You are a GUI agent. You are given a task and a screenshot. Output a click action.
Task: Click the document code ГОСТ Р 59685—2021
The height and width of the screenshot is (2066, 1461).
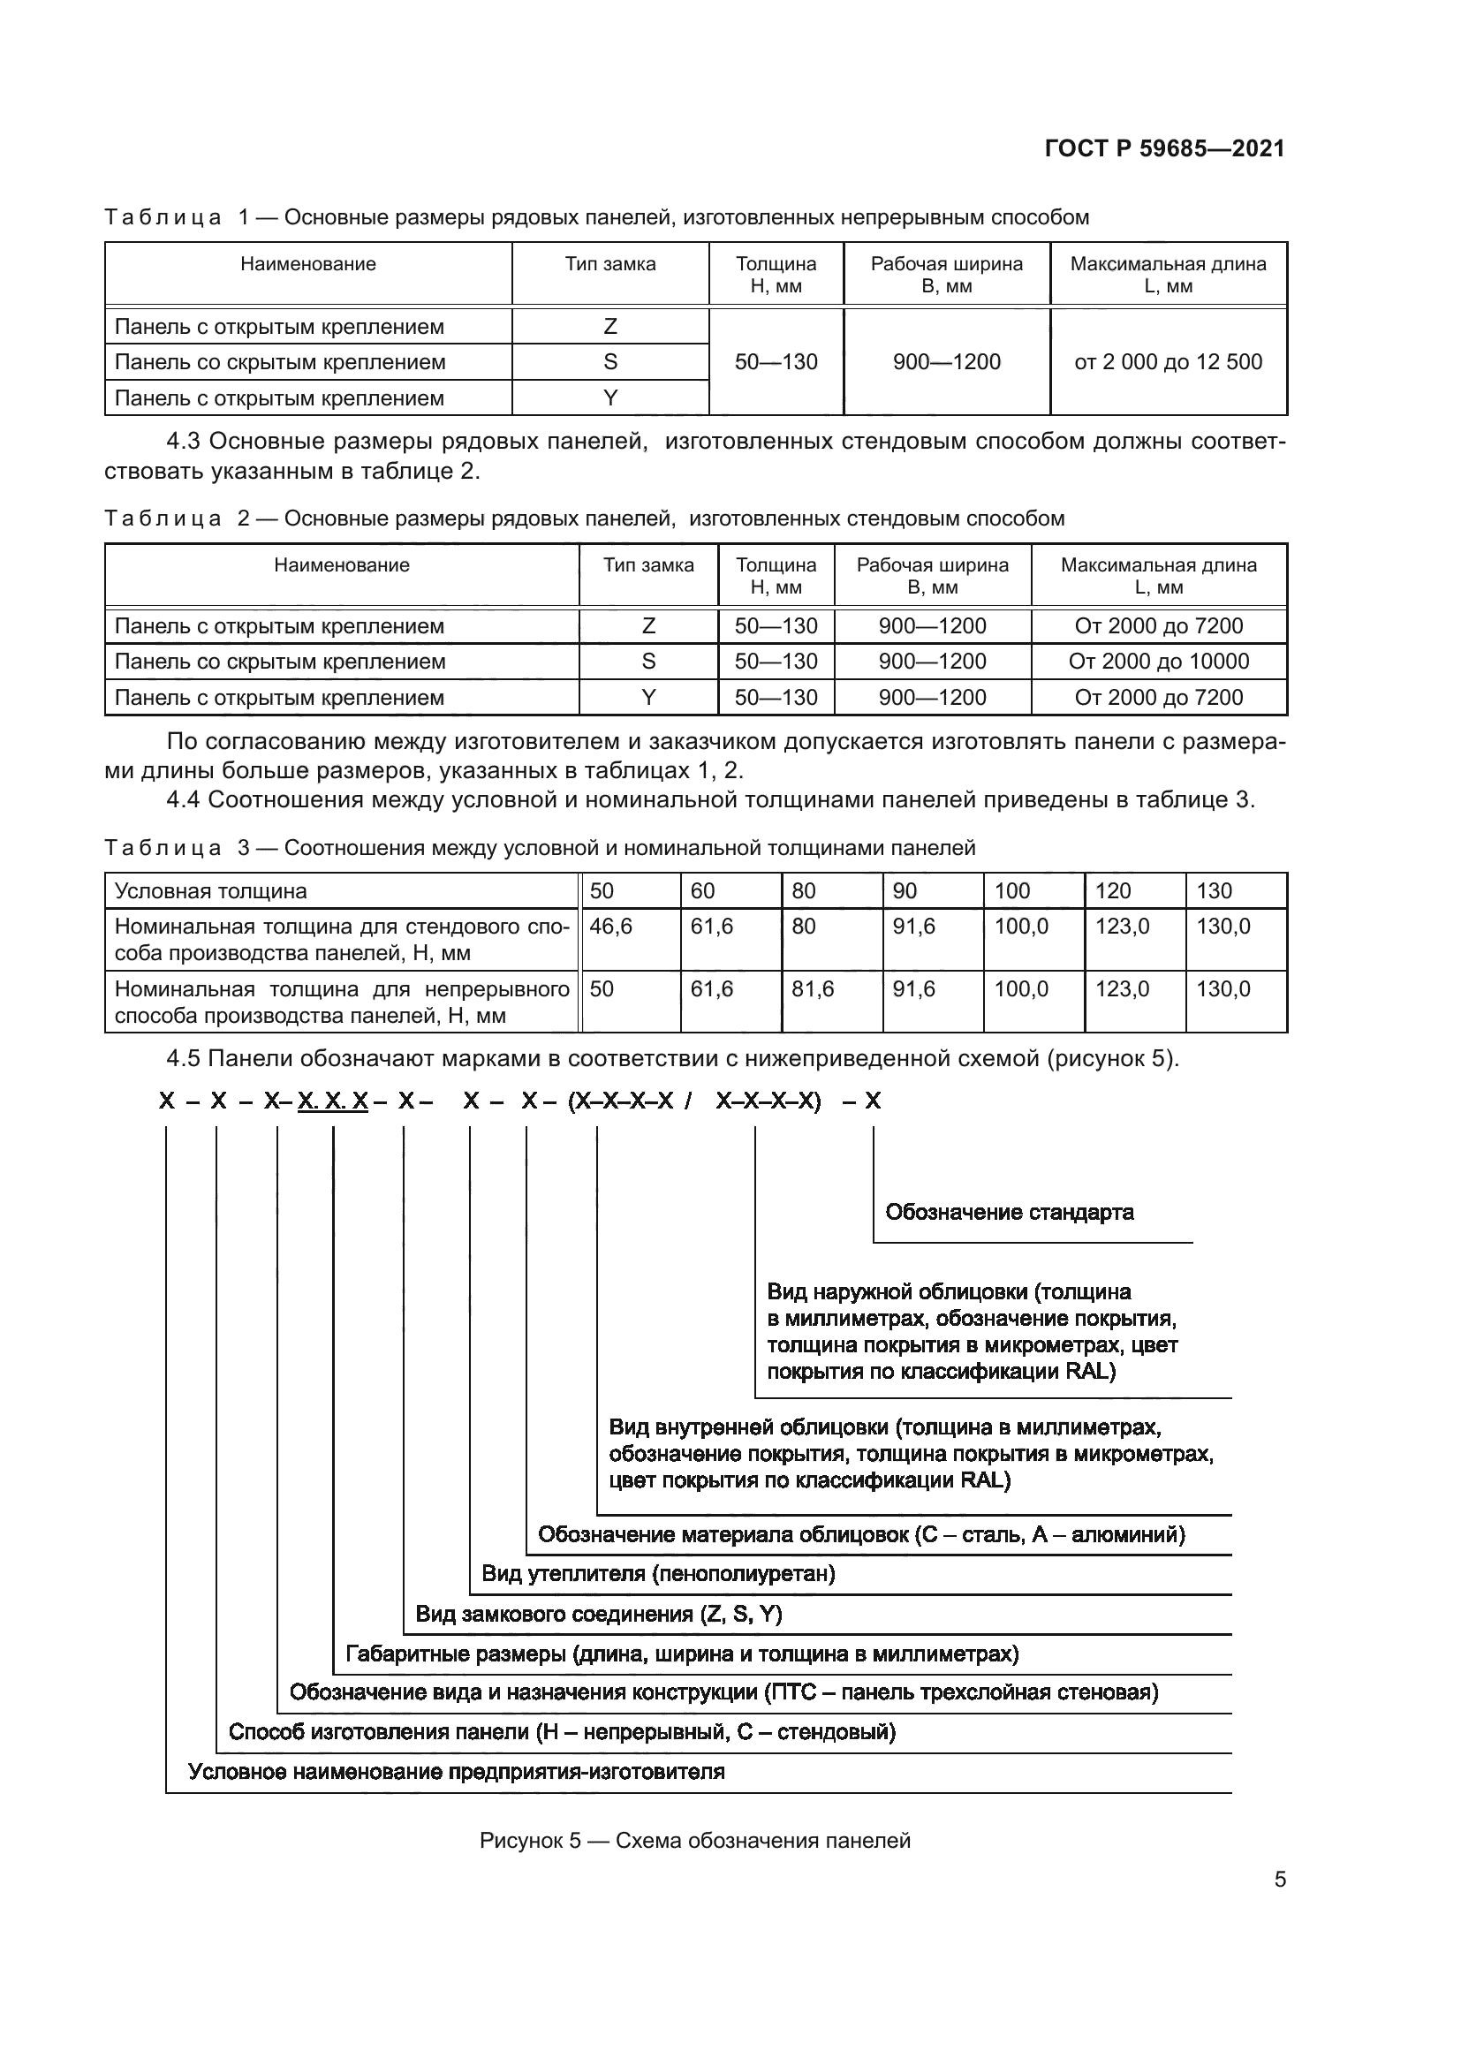click(1164, 149)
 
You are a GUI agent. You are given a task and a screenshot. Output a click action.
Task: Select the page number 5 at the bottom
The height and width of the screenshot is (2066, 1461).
click(1279, 1880)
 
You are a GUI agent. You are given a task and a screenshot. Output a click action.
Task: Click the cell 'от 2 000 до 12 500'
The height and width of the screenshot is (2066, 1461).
click(1168, 362)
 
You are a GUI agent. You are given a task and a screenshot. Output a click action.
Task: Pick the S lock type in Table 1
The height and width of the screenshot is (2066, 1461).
click(610, 362)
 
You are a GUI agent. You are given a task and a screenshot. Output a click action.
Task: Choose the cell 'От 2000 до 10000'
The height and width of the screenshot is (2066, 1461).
click(1158, 662)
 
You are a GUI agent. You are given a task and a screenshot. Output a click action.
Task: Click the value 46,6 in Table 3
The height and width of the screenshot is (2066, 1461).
click(611, 926)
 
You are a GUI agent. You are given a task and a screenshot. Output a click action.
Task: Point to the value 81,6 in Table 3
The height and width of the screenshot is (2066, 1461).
click(813, 989)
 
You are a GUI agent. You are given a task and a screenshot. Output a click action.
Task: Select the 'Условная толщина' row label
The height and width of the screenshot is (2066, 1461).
click(210, 891)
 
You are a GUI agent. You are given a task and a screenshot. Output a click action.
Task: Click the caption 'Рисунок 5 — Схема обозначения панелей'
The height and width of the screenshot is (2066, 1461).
click(694, 1840)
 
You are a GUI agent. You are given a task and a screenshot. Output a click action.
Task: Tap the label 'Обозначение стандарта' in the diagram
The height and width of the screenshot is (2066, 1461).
click(1009, 1212)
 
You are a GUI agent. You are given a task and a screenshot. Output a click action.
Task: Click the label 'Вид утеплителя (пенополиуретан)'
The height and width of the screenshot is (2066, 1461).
click(658, 1574)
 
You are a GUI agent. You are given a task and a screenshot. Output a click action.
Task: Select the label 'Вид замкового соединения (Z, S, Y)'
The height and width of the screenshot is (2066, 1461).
click(598, 1614)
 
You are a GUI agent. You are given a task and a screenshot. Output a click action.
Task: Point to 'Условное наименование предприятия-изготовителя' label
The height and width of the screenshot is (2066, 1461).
click(456, 1772)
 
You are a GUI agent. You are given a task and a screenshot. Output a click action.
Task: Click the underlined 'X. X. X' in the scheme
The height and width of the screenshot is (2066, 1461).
click(333, 1101)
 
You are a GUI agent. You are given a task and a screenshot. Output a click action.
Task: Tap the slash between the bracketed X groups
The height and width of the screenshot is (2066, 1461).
click(687, 1101)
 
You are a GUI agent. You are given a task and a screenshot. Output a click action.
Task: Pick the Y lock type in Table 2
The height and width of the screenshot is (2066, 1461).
click(647, 698)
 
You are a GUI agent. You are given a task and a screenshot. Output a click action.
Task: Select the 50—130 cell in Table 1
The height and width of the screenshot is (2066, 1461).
click(776, 362)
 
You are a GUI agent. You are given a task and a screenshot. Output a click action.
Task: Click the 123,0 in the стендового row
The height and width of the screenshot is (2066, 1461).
click(1122, 926)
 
